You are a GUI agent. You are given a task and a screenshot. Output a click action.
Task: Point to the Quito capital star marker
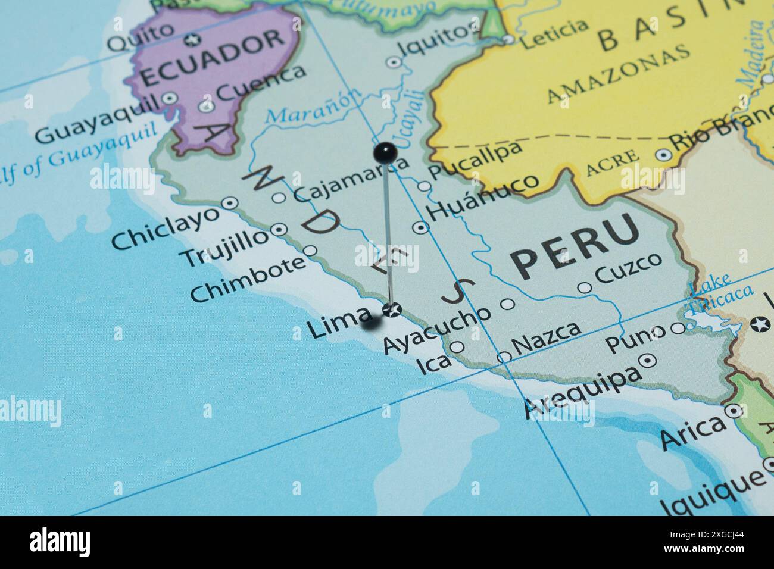192,40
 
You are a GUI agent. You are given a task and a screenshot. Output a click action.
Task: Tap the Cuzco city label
628,268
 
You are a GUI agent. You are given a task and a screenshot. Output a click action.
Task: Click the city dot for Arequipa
647,360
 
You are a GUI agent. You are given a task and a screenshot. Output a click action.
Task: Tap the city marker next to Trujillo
280,229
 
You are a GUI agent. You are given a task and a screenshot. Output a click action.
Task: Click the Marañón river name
313,107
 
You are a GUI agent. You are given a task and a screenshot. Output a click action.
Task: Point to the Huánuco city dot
421,226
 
